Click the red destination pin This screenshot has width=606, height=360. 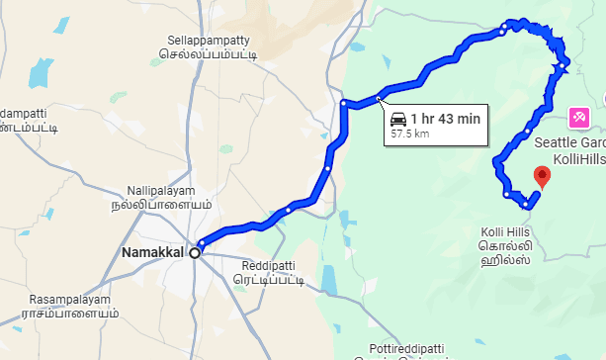pyautogui.click(x=542, y=177)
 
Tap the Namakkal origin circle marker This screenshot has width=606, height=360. pyautogui.click(x=195, y=253)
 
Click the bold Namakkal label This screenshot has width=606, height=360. pyautogui.click(x=153, y=253)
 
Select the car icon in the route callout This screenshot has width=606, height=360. pyautogui.click(x=399, y=119)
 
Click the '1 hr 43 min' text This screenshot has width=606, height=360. pyautogui.click(x=446, y=119)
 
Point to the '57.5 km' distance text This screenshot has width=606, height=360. pyautogui.click(x=410, y=133)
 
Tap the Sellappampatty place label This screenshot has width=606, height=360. pyautogui.click(x=213, y=41)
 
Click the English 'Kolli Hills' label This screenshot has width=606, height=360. pyautogui.click(x=505, y=230)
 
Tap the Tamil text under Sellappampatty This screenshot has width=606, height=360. pyautogui.click(x=214, y=55)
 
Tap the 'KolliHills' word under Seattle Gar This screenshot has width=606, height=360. pyautogui.click(x=577, y=158)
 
